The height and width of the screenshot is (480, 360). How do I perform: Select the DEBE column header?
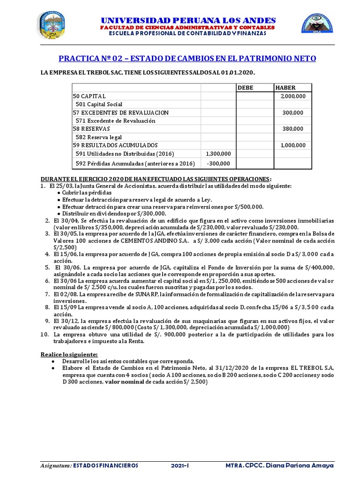[245, 88]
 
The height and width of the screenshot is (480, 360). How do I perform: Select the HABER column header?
[285, 88]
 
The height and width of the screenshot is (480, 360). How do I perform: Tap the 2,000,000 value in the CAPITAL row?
[293, 96]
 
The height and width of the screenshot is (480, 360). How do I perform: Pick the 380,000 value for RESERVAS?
[293, 129]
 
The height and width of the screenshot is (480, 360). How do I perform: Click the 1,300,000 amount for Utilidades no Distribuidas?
[218, 154]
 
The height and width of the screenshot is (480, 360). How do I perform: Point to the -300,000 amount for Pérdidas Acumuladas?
[218, 164]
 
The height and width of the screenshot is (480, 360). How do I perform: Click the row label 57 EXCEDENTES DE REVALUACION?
[120, 112]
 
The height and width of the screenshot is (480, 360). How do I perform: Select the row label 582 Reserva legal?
[98, 137]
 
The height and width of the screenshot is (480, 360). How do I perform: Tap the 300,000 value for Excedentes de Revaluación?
[293, 112]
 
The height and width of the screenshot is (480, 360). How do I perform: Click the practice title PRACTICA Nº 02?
[187, 58]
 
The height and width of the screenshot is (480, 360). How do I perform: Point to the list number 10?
[44, 335]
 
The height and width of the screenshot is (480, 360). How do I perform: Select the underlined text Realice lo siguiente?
[69, 354]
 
